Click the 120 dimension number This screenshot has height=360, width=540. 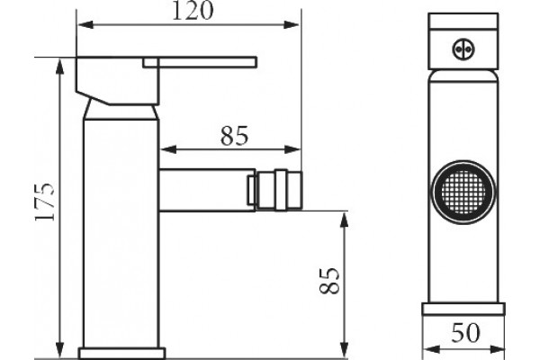(x=193, y=10)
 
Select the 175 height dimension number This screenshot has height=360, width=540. (x=45, y=202)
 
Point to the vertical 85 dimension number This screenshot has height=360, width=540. (x=329, y=281)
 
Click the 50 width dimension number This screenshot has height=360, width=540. (x=465, y=332)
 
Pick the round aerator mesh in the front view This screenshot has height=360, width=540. (x=463, y=192)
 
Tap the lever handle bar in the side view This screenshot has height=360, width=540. (x=200, y=63)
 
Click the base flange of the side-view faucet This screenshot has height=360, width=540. (x=122, y=354)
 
